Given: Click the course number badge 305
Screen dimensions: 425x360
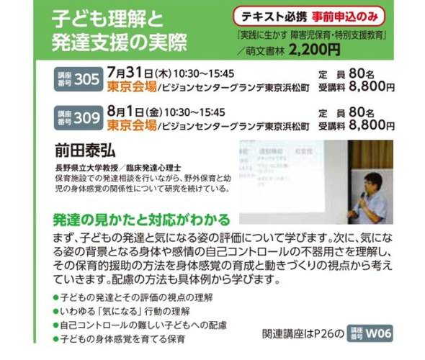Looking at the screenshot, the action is click(79, 79).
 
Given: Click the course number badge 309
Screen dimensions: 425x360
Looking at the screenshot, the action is click(79, 118).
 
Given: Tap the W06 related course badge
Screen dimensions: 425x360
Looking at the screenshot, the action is click(370, 333).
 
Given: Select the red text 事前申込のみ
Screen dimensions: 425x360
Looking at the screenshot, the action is click(345, 17).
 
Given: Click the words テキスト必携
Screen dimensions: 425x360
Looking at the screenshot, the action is click(274, 17).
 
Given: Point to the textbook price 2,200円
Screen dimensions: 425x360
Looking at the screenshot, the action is click(314, 50).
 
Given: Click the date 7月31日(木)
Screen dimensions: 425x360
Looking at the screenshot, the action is click(139, 73).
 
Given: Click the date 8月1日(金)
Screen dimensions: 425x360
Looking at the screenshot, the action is click(135, 112).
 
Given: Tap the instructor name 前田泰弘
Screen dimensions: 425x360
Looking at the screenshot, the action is click(86, 150).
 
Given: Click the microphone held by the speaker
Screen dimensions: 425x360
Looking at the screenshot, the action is click(362, 199).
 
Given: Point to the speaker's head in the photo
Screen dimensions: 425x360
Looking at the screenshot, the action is click(372, 183).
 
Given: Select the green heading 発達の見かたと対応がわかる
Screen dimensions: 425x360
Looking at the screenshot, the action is click(141, 220).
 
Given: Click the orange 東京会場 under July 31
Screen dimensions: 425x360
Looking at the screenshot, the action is click(132, 86).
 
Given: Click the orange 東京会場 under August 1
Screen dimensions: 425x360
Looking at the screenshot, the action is click(132, 125).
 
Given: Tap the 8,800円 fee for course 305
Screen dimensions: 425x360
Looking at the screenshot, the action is click(372, 86).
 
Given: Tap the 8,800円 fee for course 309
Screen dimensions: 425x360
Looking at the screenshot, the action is click(372, 125).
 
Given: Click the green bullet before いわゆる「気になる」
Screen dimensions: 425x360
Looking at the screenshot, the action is click(56, 312).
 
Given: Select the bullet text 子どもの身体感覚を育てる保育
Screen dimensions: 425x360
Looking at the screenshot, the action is click(122, 339).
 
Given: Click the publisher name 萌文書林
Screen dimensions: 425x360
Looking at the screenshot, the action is click(265, 51).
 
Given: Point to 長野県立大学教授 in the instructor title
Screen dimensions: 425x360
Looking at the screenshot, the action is click(86, 168).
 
